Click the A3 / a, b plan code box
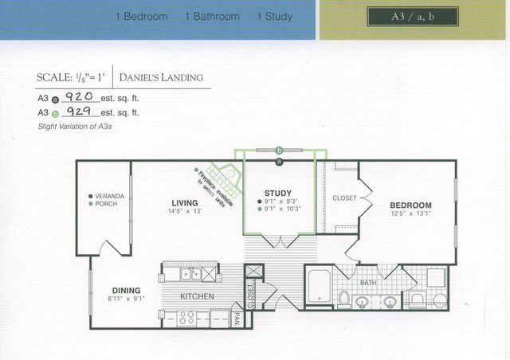413,17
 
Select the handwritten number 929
79,112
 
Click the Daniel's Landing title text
161,78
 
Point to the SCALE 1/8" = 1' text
70,78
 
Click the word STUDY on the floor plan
277,193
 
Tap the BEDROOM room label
411,205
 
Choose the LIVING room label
183,202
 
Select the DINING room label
126,290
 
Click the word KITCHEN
197,296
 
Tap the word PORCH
106,204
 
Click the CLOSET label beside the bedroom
344,198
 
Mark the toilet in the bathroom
344,298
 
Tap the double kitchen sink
190,274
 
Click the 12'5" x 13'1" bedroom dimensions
411,213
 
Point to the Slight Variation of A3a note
76,127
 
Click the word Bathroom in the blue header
211,16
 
